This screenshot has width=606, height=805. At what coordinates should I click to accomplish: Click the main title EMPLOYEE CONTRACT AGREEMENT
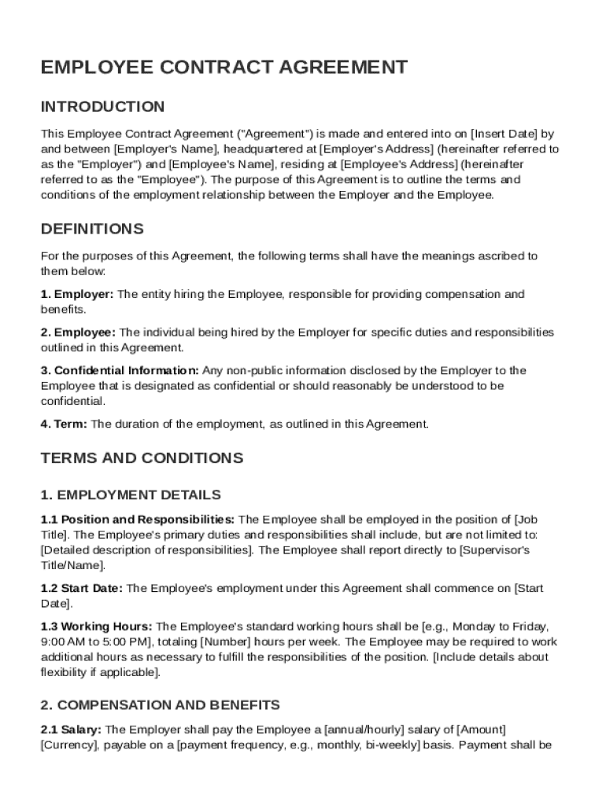tap(224, 68)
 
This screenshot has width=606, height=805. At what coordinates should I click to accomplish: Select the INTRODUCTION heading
tap(103, 107)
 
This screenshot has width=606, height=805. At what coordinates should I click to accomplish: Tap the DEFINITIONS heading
tap(92, 230)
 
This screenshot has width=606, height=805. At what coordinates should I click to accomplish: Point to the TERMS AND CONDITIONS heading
tap(142, 458)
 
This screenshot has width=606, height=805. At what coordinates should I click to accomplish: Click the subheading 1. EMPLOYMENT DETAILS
tap(131, 495)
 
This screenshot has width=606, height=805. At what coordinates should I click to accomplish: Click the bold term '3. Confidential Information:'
tap(120, 370)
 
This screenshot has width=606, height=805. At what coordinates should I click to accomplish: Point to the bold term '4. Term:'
tap(65, 424)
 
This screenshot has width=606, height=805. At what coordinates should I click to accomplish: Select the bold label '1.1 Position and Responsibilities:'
tap(137, 520)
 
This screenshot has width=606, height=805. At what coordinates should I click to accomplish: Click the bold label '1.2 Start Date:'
tap(82, 588)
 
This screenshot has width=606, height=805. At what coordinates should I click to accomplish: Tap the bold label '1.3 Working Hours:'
tap(97, 627)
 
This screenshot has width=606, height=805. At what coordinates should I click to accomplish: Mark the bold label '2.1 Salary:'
tap(72, 730)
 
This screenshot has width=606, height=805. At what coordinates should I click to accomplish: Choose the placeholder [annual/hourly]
tap(362, 730)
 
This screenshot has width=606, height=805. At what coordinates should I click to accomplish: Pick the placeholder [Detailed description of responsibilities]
tap(147, 550)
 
